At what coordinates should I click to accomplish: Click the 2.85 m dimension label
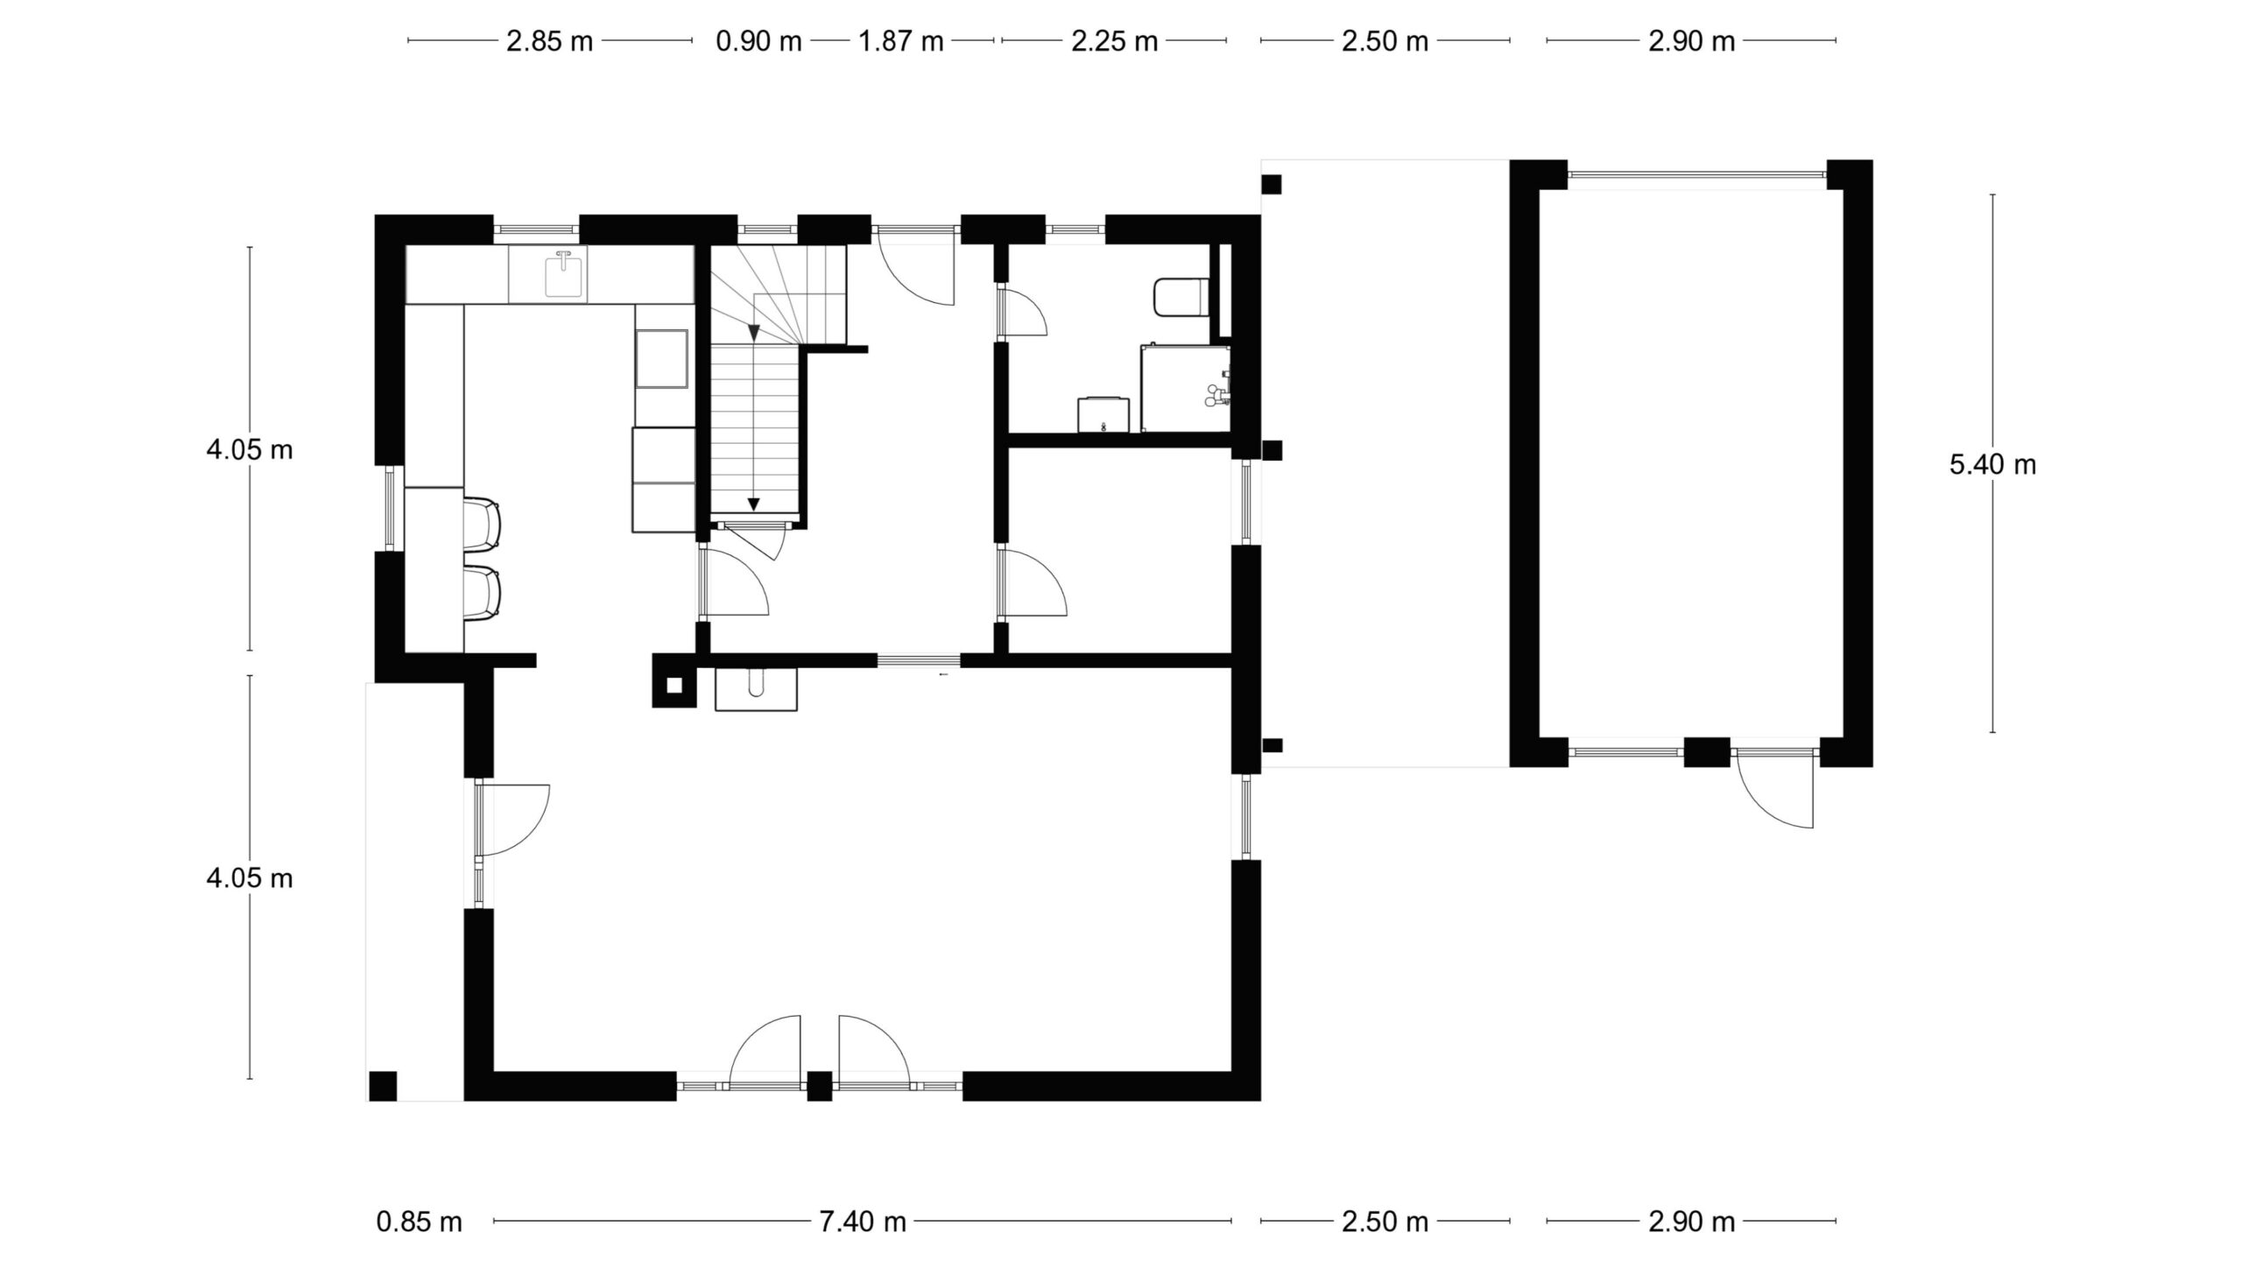click(x=550, y=41)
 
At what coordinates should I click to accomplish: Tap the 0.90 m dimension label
click(x=758, y=41)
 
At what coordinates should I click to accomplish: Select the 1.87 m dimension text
click(x=900, y=41)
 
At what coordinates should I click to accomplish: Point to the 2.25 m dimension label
click(x=1114, y=41)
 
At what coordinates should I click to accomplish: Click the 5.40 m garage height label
click(x=1992, y=464)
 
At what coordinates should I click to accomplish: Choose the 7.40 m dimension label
click(x=863, y=1221)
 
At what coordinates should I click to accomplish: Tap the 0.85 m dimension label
click(x=419, y=1221)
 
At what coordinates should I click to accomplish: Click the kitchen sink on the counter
click(x=564, y=274)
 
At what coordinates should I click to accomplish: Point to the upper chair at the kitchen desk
click(x=482, y=525)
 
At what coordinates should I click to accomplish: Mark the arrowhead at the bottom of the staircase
click(x=753, y=504)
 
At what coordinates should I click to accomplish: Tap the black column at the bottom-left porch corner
click(x=383, y=1086)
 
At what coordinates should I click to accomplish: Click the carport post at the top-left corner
click(x=1272, y=185)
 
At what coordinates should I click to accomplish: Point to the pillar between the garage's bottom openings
click(x=1708, y=752)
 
